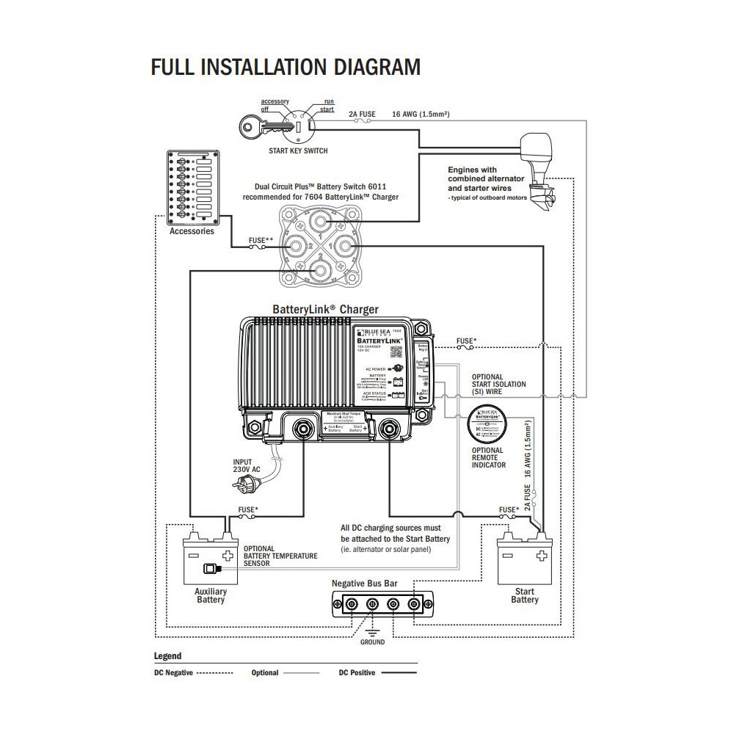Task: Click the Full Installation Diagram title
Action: pos(286,68)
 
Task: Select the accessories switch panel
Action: pos(192,189)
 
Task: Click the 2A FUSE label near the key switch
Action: pos(362,115)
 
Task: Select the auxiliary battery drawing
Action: pos(211,561)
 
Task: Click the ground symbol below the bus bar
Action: pos(371,632)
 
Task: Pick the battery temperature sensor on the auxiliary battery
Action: pos(211,568)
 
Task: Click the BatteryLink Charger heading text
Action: pos(325,310)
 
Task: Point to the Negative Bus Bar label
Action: pos(365,583)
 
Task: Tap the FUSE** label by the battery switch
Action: pos(261,239)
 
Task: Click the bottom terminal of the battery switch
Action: pos(320,272)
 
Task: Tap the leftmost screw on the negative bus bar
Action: pos(351,604)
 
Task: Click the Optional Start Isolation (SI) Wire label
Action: pos(498,385)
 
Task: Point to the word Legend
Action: pos(167,656)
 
